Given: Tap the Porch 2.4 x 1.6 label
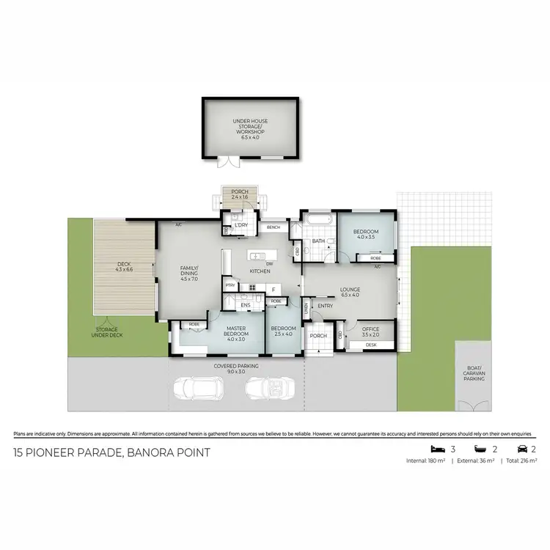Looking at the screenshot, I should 241,194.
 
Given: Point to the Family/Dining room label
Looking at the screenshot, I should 190,273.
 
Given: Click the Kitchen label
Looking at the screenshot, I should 260,271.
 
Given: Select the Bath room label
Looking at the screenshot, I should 318,241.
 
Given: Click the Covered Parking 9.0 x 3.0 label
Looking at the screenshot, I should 235,369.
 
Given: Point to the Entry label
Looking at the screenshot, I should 324,307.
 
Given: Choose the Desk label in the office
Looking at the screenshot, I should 370,344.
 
